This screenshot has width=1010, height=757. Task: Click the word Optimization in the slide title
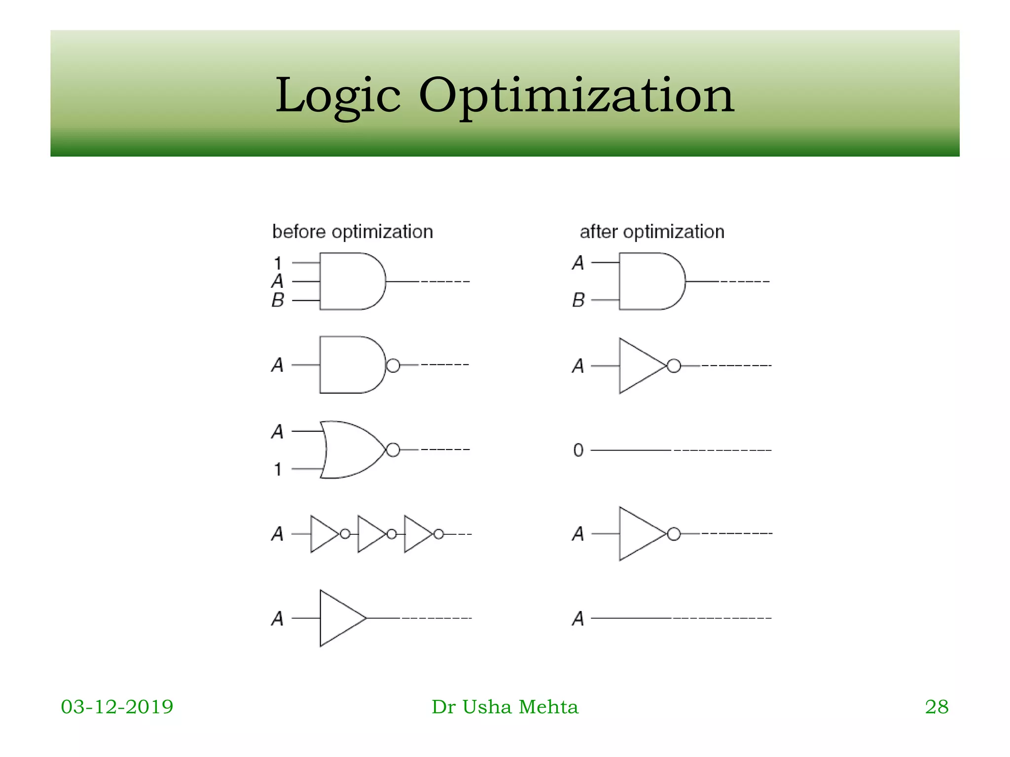[577, 96]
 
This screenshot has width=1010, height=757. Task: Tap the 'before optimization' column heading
[352, 232]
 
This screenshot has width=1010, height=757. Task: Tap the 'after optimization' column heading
[652, 232]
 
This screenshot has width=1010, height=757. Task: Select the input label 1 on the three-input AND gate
[278, 263]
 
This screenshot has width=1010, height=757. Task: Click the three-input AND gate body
[350, 281]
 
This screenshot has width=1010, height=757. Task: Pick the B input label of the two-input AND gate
[578, 300]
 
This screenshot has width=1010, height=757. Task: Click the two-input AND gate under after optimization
[650, 281]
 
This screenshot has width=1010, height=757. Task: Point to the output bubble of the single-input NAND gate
[393, 365]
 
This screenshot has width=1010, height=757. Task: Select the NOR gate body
[350, 449]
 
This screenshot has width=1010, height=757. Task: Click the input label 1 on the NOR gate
[278, 469]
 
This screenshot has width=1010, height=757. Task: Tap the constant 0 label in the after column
[578, 450]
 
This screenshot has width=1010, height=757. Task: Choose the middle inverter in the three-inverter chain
[370, 534]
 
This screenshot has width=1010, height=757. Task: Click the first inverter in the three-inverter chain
[323, 534]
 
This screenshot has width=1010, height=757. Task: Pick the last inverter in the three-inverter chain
[417, 534]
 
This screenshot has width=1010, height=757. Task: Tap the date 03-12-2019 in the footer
[117, 707]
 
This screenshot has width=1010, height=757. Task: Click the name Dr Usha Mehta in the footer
[505, 707]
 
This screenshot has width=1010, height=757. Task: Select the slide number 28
[937, 707]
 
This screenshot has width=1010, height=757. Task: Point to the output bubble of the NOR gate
[393, 449]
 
